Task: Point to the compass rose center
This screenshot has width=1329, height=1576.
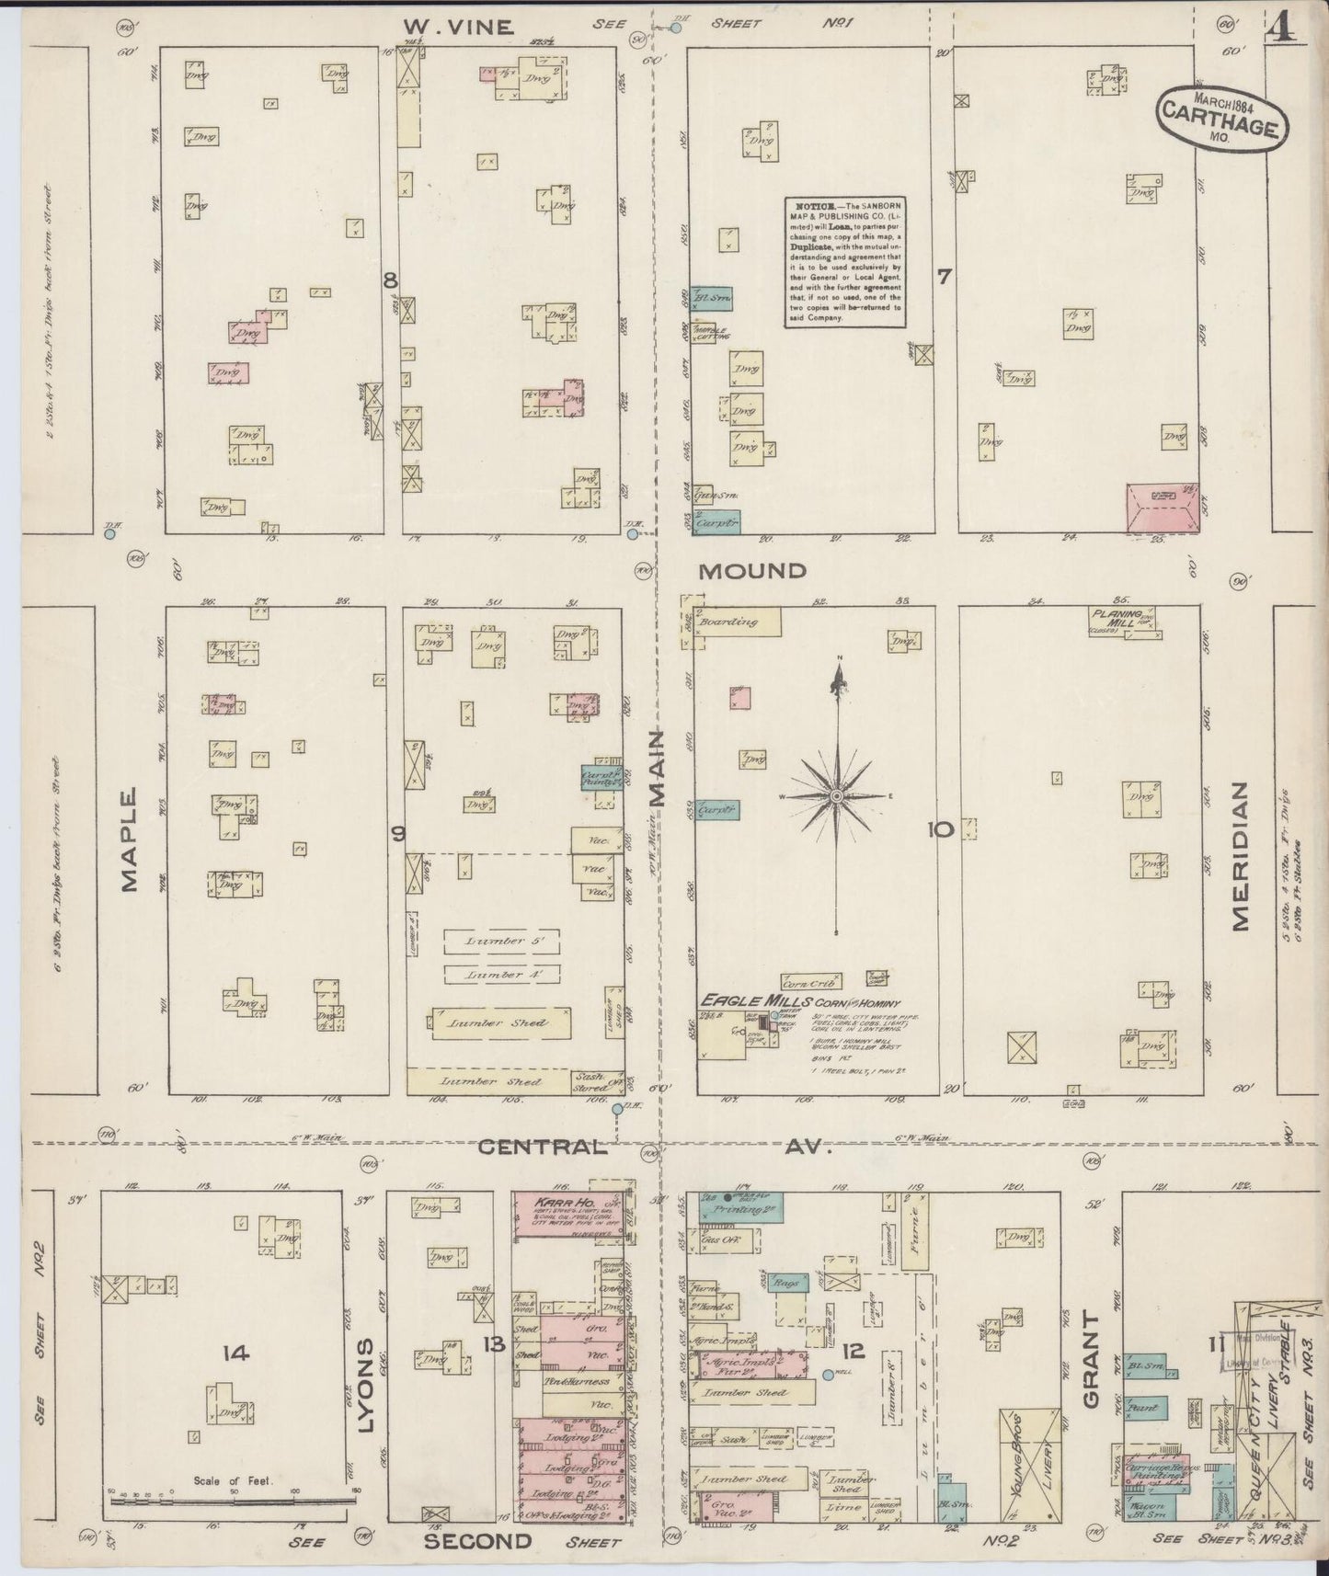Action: point(837,794)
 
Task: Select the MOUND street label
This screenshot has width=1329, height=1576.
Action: point(751,571)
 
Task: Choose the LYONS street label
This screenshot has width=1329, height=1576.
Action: point(365,1398)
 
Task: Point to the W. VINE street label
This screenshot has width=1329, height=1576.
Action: point(456,28)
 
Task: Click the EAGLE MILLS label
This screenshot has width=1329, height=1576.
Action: point(754,1000)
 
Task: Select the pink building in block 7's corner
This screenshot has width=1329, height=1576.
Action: point(1163,508)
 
